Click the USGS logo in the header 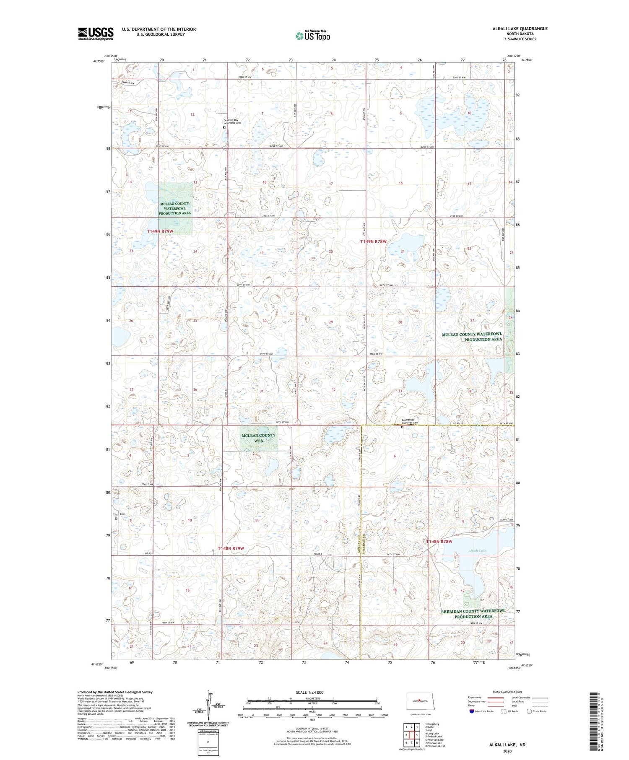[x=96, y=34]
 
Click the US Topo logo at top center [x=312, y=36]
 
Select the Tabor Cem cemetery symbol [x=117, y=519]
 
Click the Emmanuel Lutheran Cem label [x=410, y=421]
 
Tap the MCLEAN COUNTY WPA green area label [x=258, y=438]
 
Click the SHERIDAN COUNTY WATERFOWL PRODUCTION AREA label [x=473, y=614]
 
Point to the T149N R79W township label [x=166, y=231]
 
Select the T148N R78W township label [x=439, y=542]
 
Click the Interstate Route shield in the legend [x=472, y=711]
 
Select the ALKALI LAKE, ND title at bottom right [x=507, y=745]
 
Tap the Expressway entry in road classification [x=475, y=698]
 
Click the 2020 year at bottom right [x=507, y=751]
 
